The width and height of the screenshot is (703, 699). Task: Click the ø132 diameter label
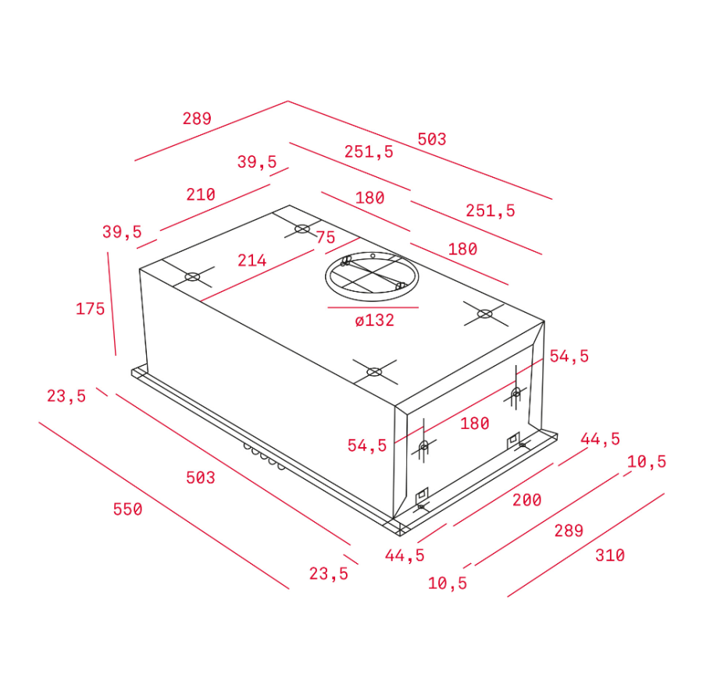click(x=374, y=320)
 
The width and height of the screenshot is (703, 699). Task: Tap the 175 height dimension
click(x=90, y=308)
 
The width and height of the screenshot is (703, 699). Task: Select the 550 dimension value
click(x=128, y=509)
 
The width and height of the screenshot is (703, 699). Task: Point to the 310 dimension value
click(x=610, y=555)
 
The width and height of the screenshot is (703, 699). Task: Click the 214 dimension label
click(x=252, y=260)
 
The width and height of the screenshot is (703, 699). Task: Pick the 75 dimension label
click(x=326, y=237)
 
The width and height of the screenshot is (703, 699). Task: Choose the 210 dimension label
click(x=201, y=194)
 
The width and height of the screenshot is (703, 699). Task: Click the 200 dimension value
click(x=526, y=500)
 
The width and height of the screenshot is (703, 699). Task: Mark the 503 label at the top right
click(x=432, y=139)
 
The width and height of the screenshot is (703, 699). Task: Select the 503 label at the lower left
click(x=201, y=477)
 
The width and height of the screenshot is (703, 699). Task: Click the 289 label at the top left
click(x=197, y=119)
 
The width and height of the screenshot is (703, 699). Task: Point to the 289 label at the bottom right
click(x=569, y=530)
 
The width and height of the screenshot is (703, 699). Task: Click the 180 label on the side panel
click(x=474, y=423)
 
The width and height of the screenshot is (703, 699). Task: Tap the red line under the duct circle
click(x=373, y=307)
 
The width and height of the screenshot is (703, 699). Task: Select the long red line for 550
click(x=164, y=506)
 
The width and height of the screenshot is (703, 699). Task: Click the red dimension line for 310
click(x=586, y=545)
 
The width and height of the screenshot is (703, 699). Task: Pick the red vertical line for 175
click(x=112, y=304)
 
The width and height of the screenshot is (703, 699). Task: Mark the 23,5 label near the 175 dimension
click(x=66, y=396)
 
